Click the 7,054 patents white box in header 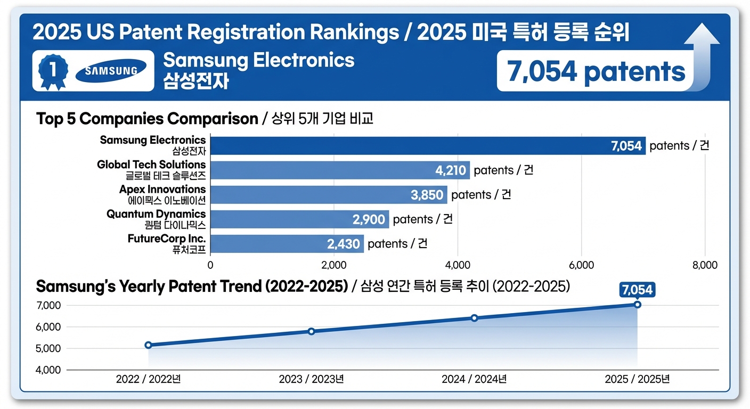[x=596, y=71]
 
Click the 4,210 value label [x=451, y=170]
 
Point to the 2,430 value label [x=344, y=244]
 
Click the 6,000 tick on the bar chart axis [x=581, y=265]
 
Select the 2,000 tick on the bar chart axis [x=333, y=265]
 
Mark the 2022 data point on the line [x=148, y=345]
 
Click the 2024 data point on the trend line [x=474, y=318]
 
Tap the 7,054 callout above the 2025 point [x=637, y=290]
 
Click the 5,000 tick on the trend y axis [x=48, y=348]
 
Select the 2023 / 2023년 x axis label [x=311, y=379]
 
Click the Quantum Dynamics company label [x=156, y=218]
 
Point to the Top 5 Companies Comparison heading [x=147, y=118]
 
